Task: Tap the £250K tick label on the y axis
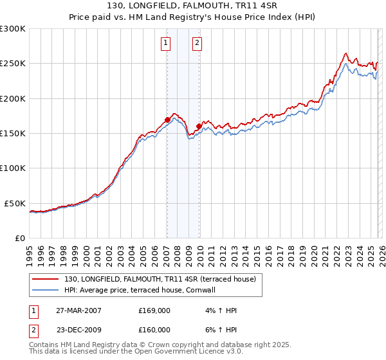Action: click(13, 64)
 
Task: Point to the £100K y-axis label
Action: click(13, 168)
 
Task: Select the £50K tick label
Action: click(15, 203)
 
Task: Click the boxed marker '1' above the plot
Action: click(166, 43)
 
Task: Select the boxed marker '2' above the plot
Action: click(197, 43)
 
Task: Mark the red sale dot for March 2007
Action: click(167, 120)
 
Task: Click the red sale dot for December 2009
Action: click(198, 126)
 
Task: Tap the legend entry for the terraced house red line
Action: click(160, 279)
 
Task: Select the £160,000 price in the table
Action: click(154, 330)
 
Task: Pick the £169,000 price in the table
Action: click(154, 310)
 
